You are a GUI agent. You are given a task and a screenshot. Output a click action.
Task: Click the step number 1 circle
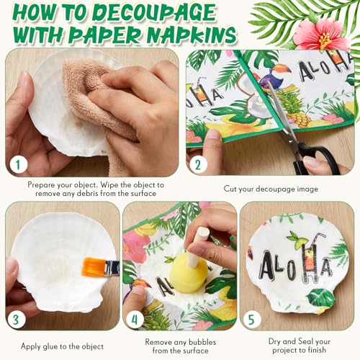18,164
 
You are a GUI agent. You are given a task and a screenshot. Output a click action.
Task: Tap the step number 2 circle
198,165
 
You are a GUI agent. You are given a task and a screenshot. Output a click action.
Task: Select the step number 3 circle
16,320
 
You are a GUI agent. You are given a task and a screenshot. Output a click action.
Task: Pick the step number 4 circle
135,320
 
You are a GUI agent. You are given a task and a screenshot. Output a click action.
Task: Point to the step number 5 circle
251,320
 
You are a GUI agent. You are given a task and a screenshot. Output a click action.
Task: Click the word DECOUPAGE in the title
154,12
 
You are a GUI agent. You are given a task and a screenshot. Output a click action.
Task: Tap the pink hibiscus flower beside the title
318,35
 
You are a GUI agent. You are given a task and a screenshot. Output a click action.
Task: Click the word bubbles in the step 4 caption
202,342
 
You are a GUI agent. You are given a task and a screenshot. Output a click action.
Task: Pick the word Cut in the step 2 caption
230,189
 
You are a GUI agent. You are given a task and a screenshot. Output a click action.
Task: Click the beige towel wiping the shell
96,101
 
